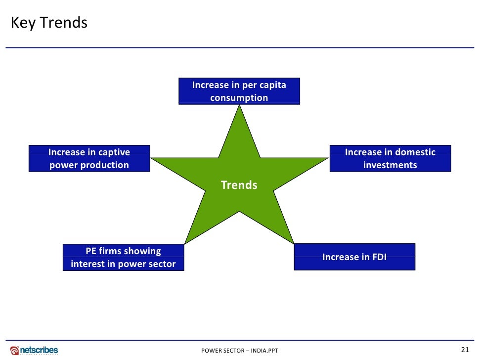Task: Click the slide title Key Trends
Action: (x=48, y=23)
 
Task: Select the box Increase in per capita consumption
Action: (x=239, y=91)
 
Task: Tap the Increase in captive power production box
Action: (x=89, y=158)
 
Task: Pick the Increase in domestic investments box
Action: (x=390, y=158)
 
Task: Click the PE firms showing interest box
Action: (x=123, y=257)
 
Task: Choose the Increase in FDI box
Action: (x=354, y=257)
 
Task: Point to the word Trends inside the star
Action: (x=239, y=185)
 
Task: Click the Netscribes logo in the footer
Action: (x=34, y=350)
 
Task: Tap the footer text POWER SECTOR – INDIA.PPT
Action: (x=240, y=351)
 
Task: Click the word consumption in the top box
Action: (x=239, y=97)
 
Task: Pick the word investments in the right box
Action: (x=390, y=165)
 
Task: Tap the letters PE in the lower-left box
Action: (x=91, y=251)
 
